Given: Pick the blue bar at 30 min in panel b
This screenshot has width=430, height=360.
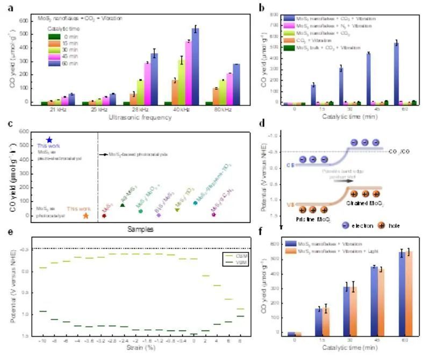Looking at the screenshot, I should pyautogui.click(x=341, y=85).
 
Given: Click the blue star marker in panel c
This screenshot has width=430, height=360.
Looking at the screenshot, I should pyautogui.click(x=49, y=140).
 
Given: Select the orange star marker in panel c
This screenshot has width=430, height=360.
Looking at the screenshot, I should pyautogui.click(x=85, y=216).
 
